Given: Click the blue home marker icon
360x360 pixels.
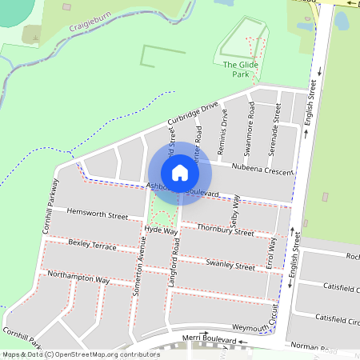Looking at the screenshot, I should pyautogui.click(x=180, y=172).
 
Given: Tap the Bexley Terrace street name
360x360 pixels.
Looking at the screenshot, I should pyautogui.click(x=92, y=244).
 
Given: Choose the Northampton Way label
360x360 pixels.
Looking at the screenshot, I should pyautogui.click(x=78, y=277).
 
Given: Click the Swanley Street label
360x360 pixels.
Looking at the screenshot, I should pyautogui.click(x=230, y=264).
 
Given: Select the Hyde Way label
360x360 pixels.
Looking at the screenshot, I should pyautogui.click(x=161, y=230).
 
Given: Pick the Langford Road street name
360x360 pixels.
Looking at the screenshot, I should pyautogui.click(x=173, y=262).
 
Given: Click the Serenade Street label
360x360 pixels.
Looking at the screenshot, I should pyautogui.click(x=275, y=128).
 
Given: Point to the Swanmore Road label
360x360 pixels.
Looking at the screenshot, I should pyautogui.click(x=250, y=128).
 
